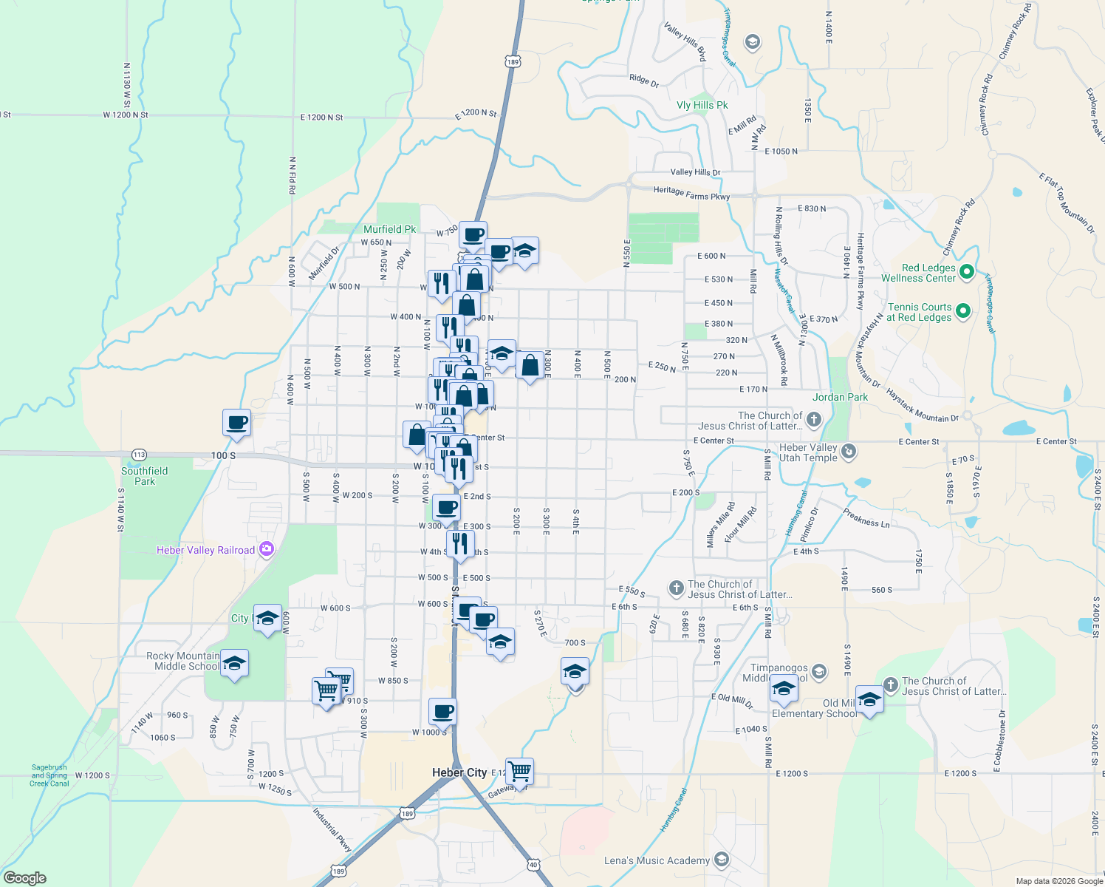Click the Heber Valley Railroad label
pos(205,550)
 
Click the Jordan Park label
pos(840,397)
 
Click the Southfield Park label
pos(145,476)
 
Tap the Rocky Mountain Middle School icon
pos(234,664)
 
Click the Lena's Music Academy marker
pos(722,860)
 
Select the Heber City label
pos(459,772)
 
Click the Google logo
pos(24,877)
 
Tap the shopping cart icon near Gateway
pos(519,772)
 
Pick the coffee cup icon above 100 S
pos(236,423)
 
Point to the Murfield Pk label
pos(390,229)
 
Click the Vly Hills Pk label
pos(702,105)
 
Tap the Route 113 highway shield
pos(139,454)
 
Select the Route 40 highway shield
pos(533,864)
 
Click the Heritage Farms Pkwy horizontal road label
pos(691,193)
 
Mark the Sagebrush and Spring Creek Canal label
pos(49,775)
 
